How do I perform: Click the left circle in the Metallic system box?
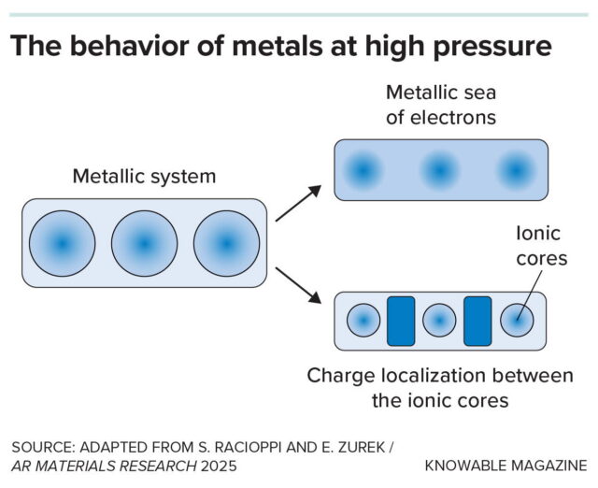[62, 243]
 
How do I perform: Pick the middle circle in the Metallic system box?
[144, 243]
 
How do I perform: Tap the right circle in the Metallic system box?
[226, 243]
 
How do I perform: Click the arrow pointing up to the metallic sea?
[298, 202]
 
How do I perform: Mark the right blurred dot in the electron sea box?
[514, 170]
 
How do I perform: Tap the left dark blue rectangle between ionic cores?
[400, 321]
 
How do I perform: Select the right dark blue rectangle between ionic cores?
[477, 321]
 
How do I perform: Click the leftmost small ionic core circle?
[363, 321]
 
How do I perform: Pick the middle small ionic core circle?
[439, 321]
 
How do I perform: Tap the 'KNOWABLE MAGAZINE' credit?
[505, 465]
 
